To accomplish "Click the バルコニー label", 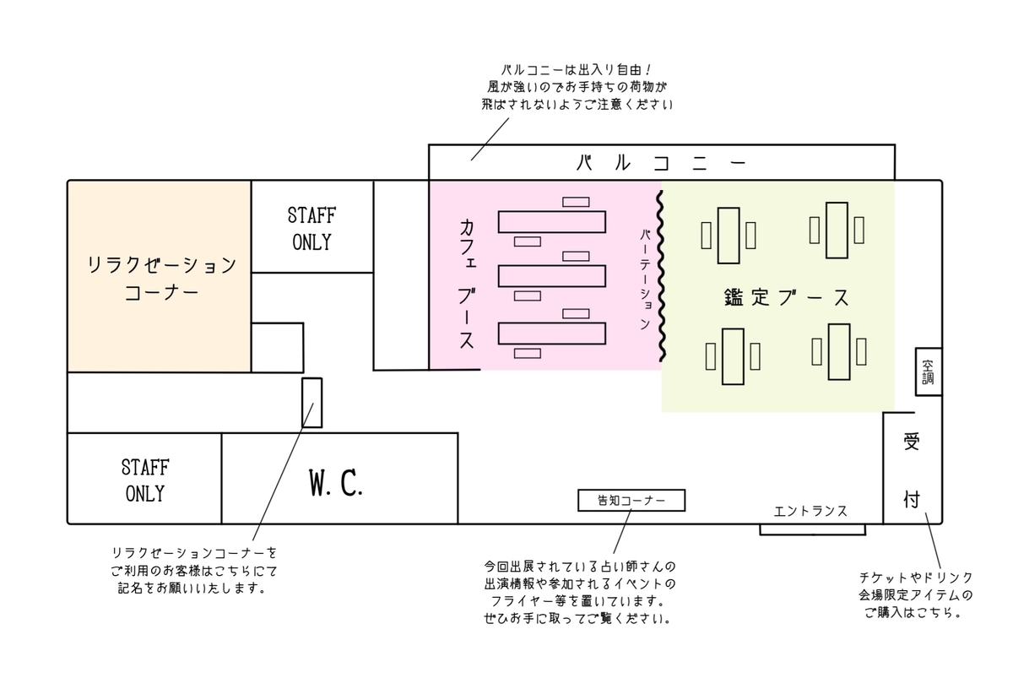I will [661, 162].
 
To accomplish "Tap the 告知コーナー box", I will [631, 501].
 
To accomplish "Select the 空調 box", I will [928, 372].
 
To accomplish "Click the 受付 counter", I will [911, 469].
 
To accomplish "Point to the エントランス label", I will [810, 511].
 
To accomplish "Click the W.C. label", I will [335, 482].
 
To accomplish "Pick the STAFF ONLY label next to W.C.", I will [144, 480].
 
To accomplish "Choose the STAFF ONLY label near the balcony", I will [312, 227].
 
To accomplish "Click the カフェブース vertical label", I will [466, 284].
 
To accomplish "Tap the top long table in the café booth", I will [552, 222].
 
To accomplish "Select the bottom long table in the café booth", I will [552, 334].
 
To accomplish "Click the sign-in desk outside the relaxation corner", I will [312, 403].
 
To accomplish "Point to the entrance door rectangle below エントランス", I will [812, 529].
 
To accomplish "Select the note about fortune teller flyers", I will [580, 591].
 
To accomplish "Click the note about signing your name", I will [194, 571].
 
